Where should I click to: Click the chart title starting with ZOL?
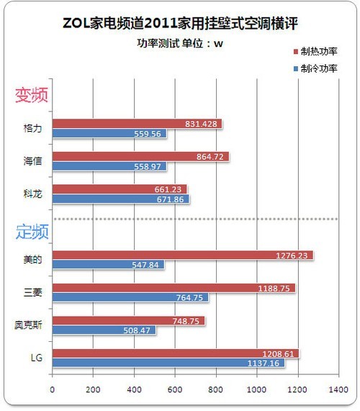(180, 24)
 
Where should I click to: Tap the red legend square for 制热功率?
(296, 52)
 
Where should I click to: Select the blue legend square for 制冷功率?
(296, 68)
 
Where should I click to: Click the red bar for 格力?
(137, 124)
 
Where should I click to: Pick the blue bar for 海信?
(109, 166)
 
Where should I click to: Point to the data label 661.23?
(168, 189)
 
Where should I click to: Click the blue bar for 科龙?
(121, 199)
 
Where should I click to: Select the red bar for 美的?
(183, 256)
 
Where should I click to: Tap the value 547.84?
(145, 265)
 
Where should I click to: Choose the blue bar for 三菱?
(130, 297)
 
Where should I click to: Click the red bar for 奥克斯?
(128, 321)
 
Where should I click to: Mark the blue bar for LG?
(168, 363)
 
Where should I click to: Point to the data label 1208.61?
(278, 354)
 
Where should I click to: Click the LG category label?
(37, 358)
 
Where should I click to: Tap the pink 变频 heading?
(32, 95)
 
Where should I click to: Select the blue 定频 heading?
(32, 232)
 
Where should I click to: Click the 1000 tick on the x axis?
(257, 389)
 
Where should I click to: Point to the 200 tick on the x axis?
(93, 389)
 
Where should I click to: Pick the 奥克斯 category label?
(28, 325)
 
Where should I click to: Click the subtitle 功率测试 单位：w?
(180, 43)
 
